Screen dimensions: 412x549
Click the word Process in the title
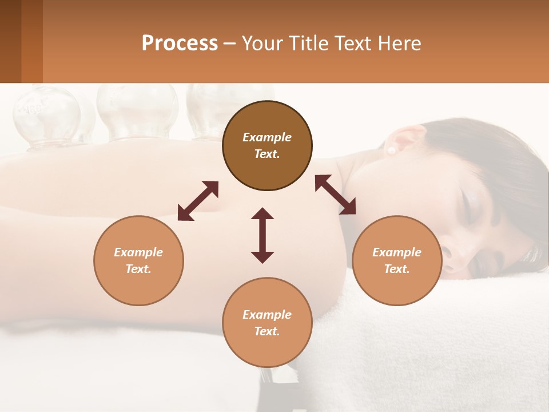(180, 43)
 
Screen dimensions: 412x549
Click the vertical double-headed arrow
(262, 235)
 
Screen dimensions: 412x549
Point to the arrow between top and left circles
(198, 200)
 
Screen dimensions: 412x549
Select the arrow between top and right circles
(335, 195)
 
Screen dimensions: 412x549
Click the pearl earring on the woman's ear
(392, 150)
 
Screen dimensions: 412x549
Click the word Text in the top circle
(266, 154)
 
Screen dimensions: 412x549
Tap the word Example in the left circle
(138, 252)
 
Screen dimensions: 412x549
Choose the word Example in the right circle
(397, 252)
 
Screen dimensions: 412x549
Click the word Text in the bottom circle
(266, 331)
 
